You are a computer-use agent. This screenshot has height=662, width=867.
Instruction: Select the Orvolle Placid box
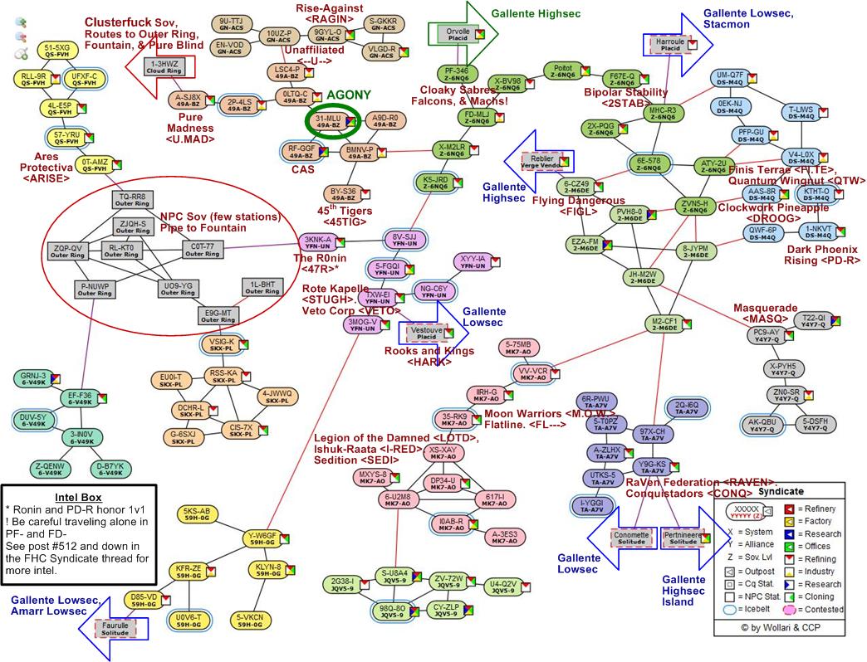453,34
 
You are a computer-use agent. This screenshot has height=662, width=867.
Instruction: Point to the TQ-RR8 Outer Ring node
131,200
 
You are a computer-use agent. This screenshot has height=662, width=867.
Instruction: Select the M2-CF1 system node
664,324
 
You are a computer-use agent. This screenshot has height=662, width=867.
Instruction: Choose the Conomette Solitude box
632,538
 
